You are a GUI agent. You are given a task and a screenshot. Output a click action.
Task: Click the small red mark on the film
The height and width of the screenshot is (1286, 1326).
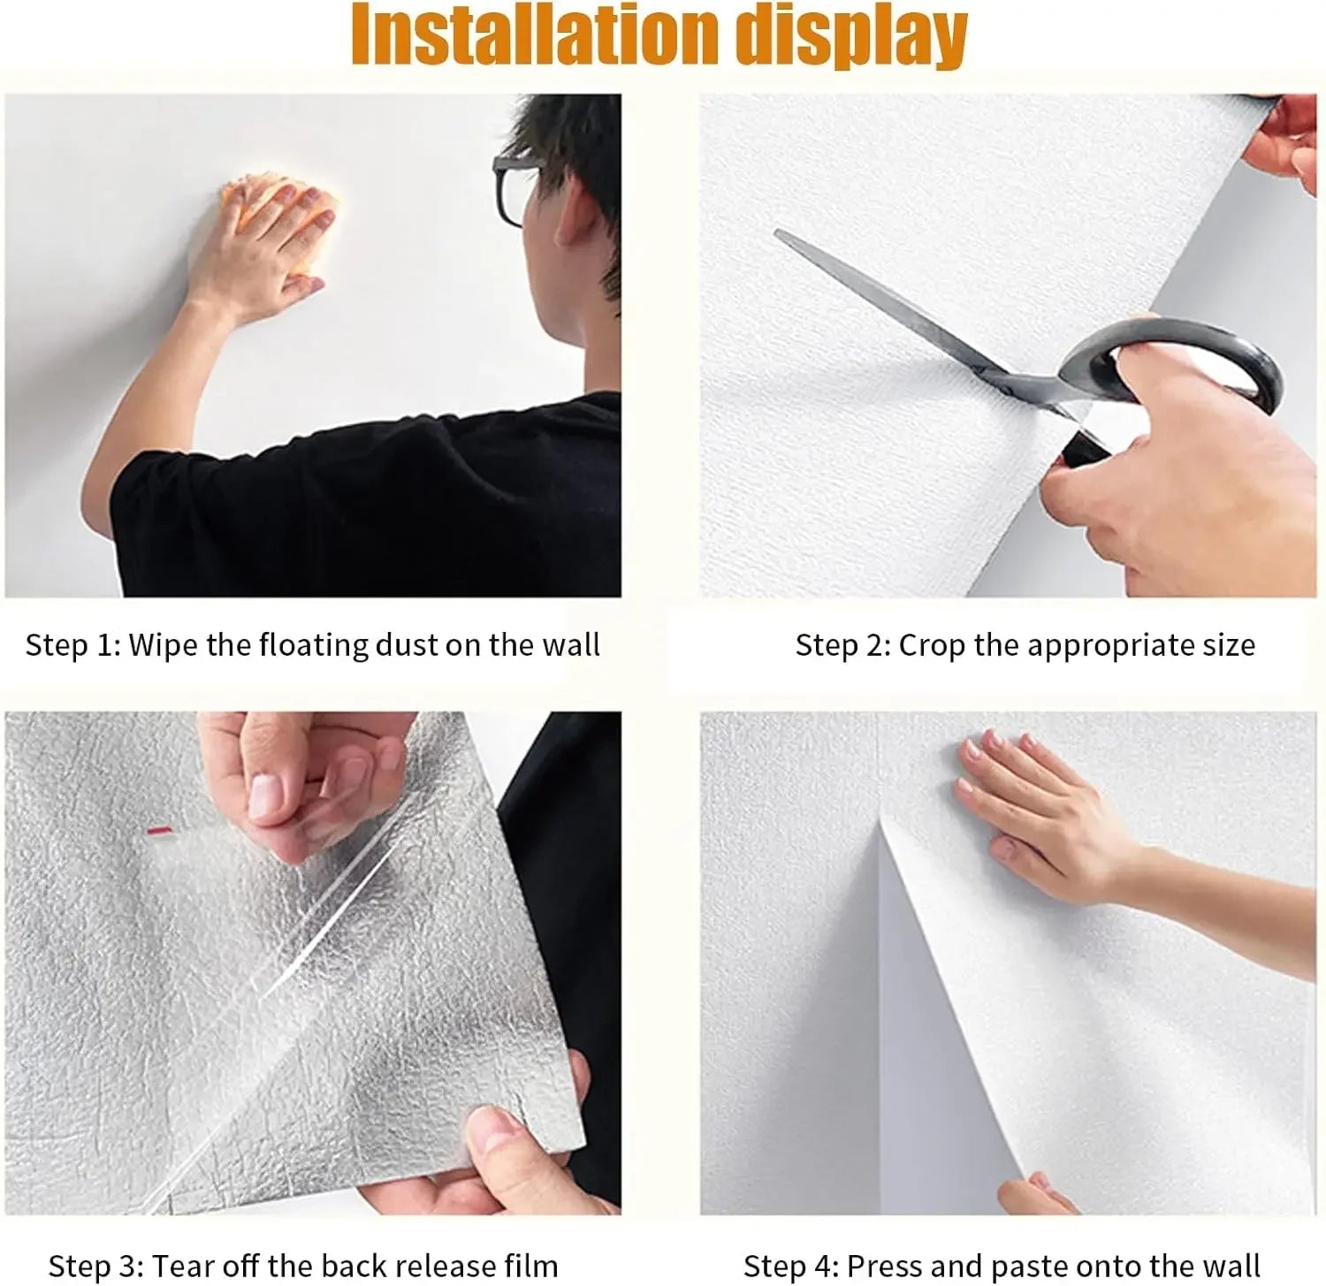[159, 831]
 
